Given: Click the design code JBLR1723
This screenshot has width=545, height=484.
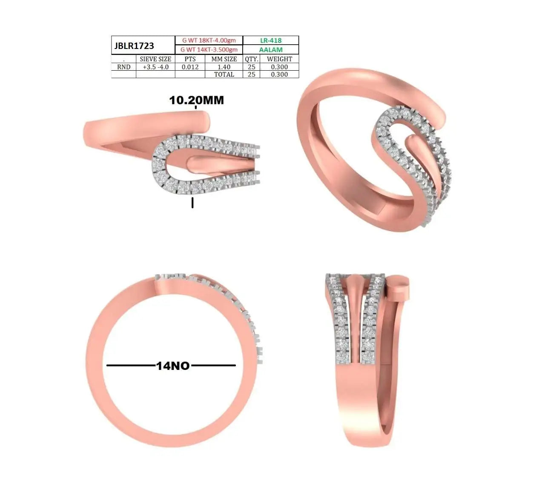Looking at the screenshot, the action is (x=134, y=46).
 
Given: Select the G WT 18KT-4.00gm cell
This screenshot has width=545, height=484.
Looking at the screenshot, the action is (x=209, y=40).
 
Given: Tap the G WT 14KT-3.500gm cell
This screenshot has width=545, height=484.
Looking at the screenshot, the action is (x=209, y=49).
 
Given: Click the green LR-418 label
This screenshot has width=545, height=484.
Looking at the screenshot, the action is (x=271, y=40).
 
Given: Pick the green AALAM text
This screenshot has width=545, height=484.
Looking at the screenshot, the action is (x=271, y=49).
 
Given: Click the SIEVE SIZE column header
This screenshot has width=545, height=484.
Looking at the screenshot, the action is (x=155, y=59).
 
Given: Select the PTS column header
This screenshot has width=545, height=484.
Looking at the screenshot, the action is (x=190, y=59).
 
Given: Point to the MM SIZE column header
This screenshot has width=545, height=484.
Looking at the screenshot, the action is (x=224, y=59).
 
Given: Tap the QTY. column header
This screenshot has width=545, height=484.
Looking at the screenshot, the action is (x=251, y=59).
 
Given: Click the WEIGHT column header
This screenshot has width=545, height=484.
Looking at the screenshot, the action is (x=279, y=59).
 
